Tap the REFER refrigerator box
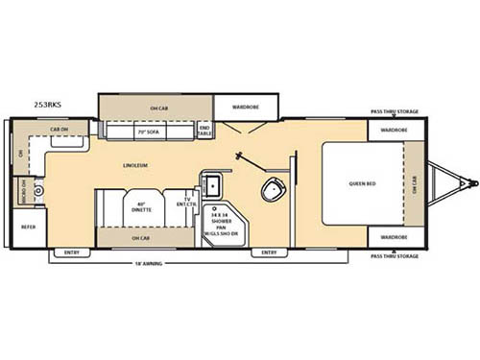[x=26, y=228]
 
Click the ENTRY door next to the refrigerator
[x=72, y=253]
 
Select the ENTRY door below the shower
[x=270, y=253]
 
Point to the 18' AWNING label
[x=159, y=261]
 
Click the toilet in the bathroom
[x=273, y=188]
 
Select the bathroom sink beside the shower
[x=211, y=185]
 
